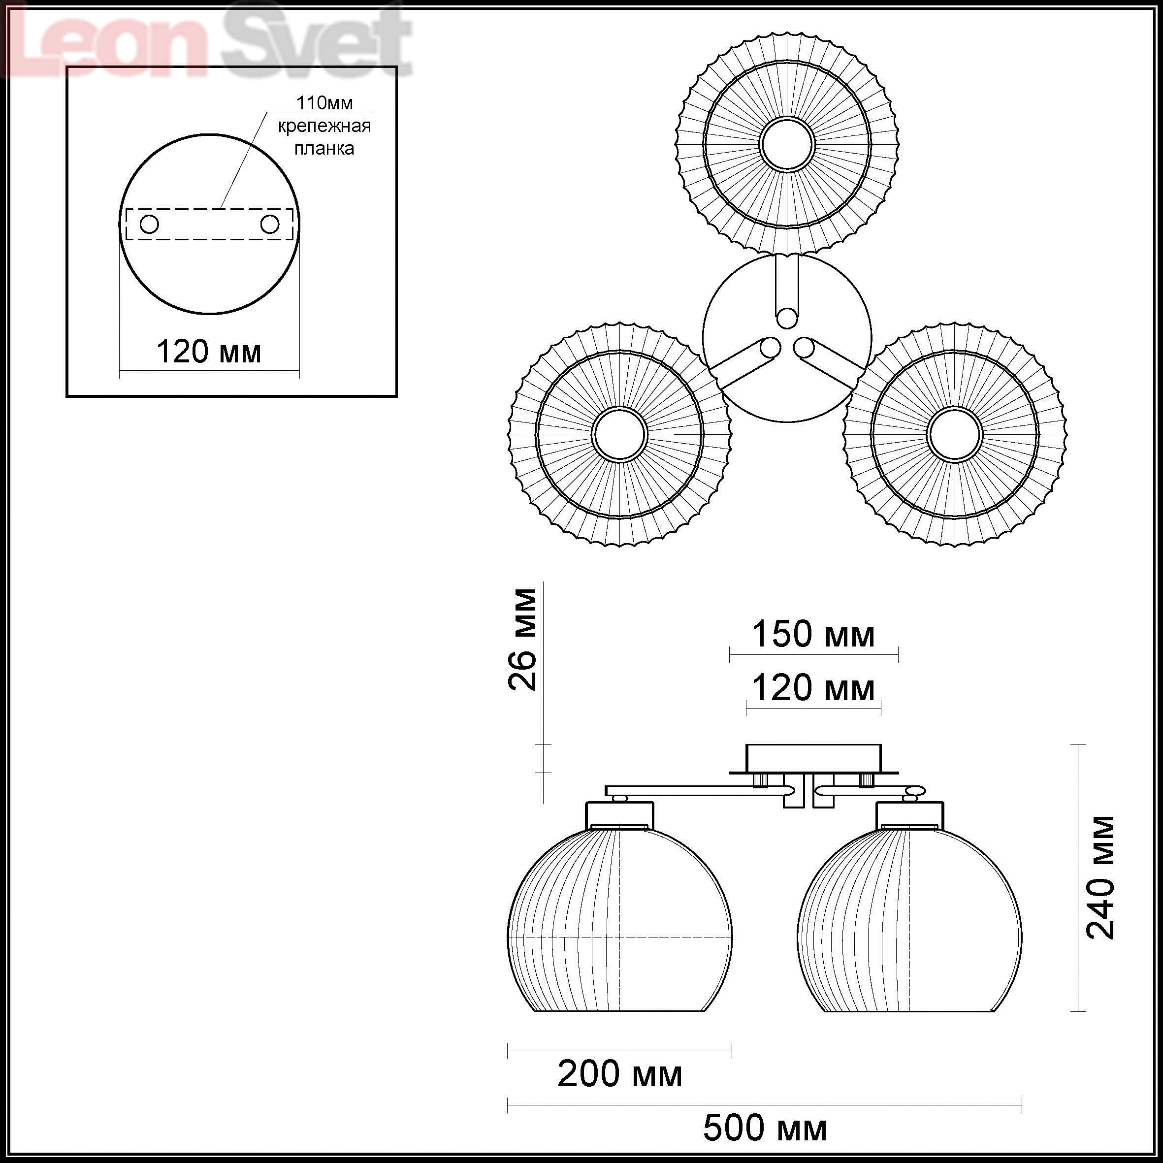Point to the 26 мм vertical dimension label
[x=522, y=639]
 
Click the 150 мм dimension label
[x=813, y=635]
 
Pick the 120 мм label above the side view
[x=813, y=688]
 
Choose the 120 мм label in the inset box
[x=209, y=352]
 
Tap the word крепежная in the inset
[x=324, y=127]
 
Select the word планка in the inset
[x=324, y=149]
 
